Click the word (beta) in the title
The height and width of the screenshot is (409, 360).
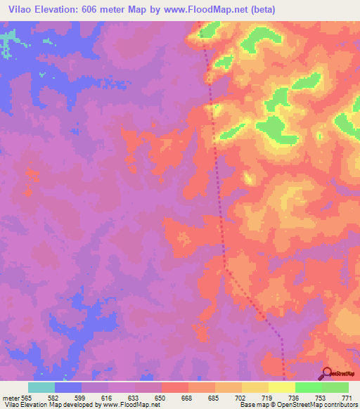pos(262,10)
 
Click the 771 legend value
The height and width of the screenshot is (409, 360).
pos(347,398)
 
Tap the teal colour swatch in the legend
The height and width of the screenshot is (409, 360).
pos(41,387)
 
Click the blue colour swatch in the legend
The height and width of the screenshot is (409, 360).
pos(68,387)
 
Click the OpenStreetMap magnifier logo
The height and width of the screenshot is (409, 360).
pos(327,374)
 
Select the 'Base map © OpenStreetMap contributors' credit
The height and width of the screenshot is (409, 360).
pos(298,405)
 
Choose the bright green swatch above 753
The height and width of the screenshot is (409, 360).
pos(309,387)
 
